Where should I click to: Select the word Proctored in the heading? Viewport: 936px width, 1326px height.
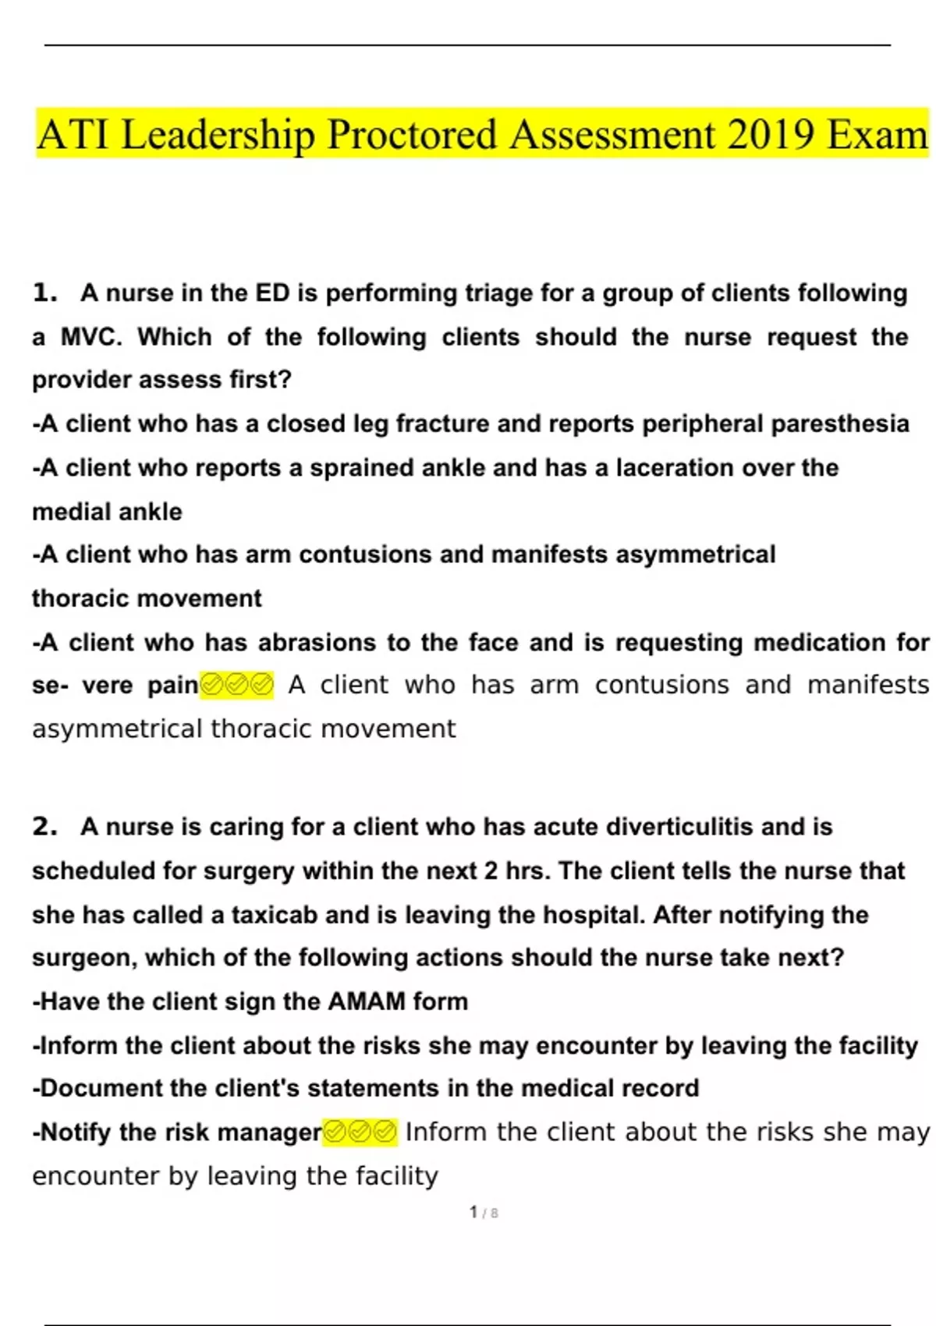[411, 134]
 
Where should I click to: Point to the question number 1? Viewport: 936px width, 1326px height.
[45, 293]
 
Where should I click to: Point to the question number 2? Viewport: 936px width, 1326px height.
[45, 827]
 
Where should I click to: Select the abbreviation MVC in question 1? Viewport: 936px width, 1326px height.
[92, 337]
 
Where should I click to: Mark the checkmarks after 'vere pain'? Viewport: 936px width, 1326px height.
[237, 686]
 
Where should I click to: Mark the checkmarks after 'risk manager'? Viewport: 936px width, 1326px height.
[360, 1132]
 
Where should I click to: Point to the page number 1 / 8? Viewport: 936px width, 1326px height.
[484, 1213]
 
